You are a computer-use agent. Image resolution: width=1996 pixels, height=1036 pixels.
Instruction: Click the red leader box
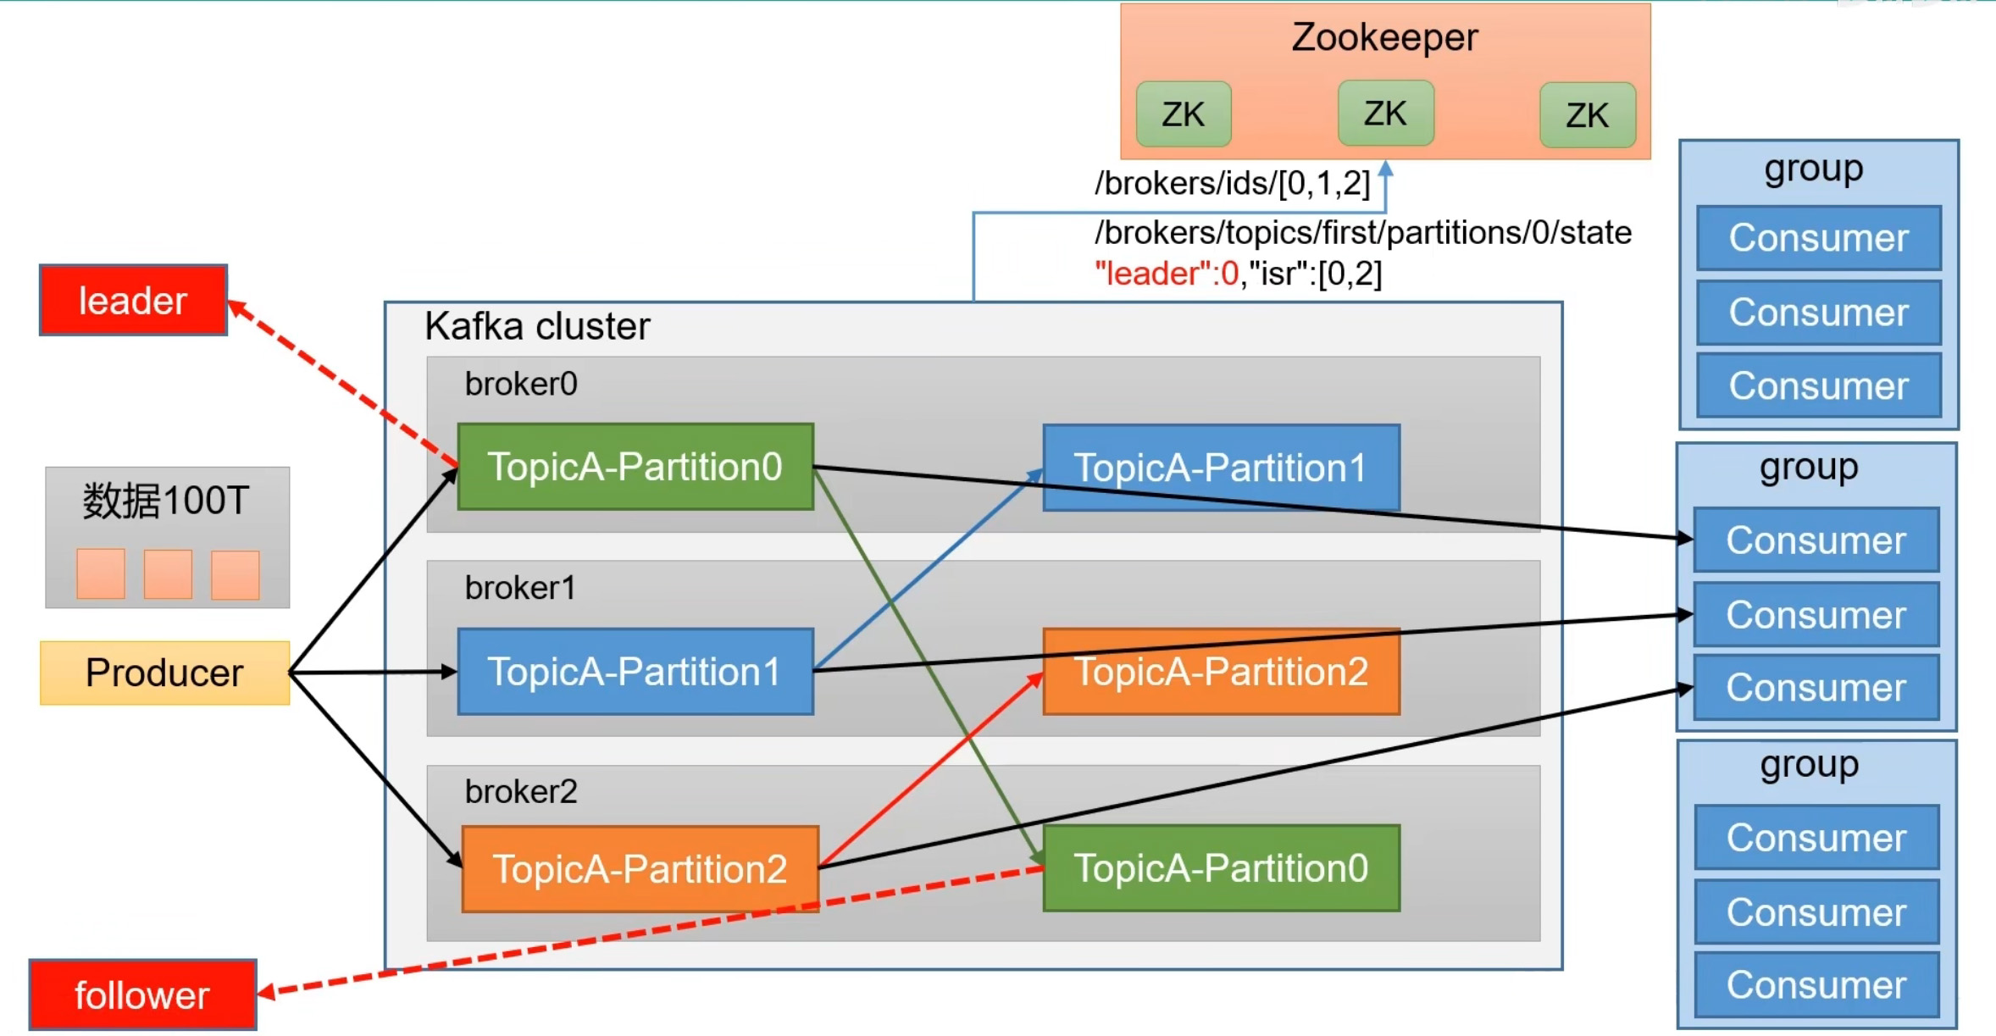tap(133, 301)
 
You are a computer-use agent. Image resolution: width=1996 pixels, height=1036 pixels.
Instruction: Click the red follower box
tap(142, 994)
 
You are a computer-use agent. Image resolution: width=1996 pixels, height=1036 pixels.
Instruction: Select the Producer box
tap(164, 673)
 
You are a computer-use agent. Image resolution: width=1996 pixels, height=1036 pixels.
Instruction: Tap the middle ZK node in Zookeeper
tap(1385, 114)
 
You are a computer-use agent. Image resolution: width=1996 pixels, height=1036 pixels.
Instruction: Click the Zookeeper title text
tap(1384, 37)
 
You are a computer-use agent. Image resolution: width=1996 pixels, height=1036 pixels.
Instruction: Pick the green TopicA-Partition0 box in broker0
tap(635, 467)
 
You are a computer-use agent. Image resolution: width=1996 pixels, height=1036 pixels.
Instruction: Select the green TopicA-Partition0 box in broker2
tap(1221, 868)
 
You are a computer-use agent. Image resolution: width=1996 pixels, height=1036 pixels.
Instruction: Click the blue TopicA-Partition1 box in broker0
tap(1221, 468)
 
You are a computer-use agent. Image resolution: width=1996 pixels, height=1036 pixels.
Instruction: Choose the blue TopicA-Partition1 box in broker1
tap(635, 672)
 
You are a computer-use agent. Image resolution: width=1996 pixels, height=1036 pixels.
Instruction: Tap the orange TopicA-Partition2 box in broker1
tap(1221, 672)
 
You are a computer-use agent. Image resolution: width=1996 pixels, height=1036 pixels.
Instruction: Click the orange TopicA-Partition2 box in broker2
tap(640, 869)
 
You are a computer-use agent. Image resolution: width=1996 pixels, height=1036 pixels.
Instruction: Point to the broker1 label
tap(520, 588)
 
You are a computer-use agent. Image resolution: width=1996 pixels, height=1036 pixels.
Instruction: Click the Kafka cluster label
tap(537, 326)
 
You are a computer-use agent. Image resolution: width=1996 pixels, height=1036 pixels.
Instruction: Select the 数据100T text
tap(166, 501)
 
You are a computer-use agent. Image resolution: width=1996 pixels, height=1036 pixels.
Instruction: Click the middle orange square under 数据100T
tap(168, 574)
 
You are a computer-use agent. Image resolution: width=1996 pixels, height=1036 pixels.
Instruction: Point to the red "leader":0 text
tap(1166, 274)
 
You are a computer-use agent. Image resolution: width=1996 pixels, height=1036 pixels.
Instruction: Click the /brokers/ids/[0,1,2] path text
tap(1232, 183)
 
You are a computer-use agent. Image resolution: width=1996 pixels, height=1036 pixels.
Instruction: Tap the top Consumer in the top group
tap(1818, 238)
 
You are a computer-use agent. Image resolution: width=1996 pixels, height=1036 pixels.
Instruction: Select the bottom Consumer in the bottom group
tap(1816, 985)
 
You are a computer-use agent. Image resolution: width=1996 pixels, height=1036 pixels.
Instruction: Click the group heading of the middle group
tap(1809, 467)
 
